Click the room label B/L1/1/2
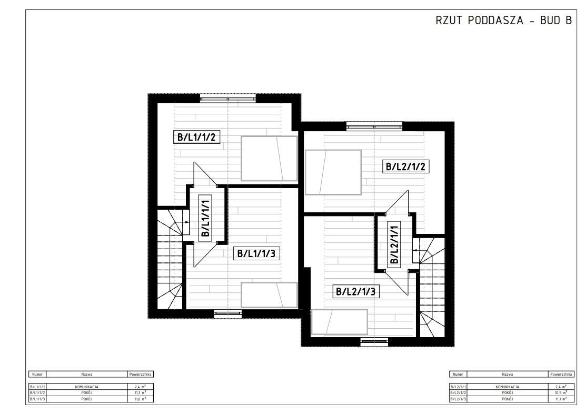click(x=195, y=138)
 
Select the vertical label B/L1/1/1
click(x=205, y=217)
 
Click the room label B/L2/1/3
click(x=355, y=291)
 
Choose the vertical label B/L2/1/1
click(x=394, y=243)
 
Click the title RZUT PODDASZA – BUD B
click(x=503, y=21)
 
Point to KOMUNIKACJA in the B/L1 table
click(x=87, y=387)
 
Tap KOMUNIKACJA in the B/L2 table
click(x=508, y=387)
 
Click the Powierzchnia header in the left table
click(x=141, y=374)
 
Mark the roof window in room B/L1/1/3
click(x=270, y=295)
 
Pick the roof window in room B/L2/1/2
click(x=333, y=172)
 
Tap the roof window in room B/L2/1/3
click(x=339, y=321)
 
